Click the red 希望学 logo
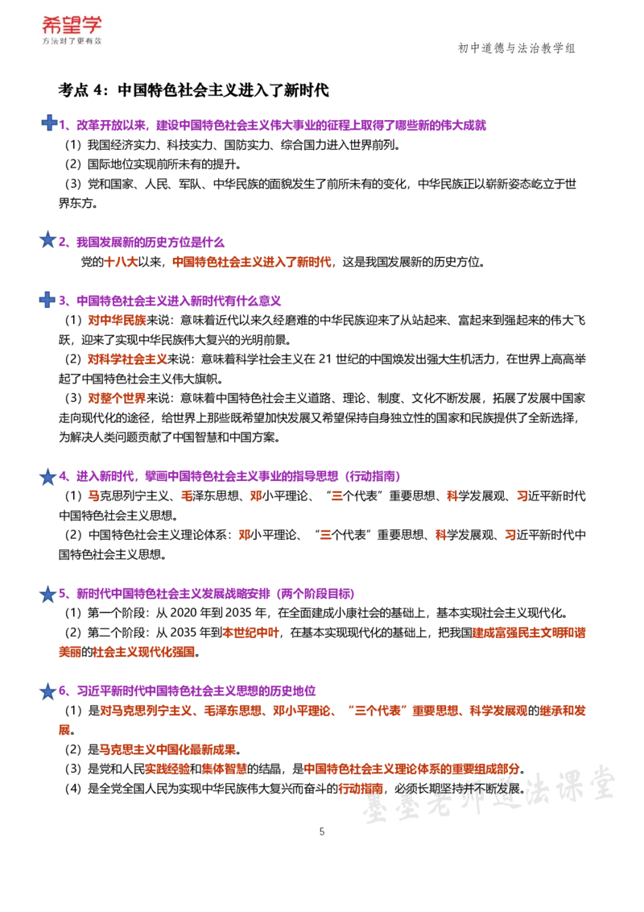pos(72,26)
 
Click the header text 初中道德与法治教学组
pos(517,48)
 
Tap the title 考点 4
pos(83,90)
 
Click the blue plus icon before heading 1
pos(49,122)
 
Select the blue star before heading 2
pos(47,239)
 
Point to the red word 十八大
pos(121,263)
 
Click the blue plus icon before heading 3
pos(47,300)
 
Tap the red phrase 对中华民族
pos(117,321)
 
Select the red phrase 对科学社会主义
pos(127,359)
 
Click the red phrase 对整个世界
pos(117,399)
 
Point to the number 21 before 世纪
pos(325,359)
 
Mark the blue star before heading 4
pos(47,476)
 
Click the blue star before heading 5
pos(47,594)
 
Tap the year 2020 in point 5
pos(184,613)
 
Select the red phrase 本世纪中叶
pos(251,632)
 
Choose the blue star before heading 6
pos(47,691)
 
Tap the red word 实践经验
pos(167,769)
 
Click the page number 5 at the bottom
pos(322,831)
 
